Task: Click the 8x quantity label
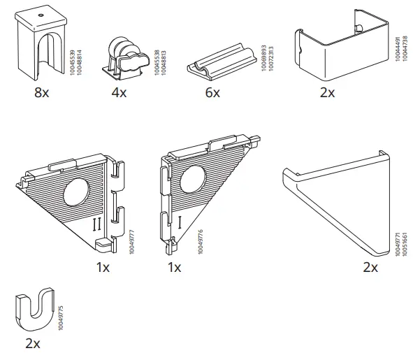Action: (x=41, y=93)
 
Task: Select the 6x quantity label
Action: (x=212, y=93)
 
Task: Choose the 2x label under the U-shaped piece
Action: (x=32, y=343)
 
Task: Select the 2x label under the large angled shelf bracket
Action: (x=370, y=266)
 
